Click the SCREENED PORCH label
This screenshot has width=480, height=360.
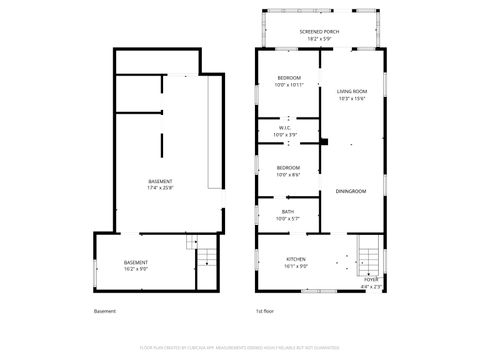(319, 32)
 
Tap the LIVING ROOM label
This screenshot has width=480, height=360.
(351, 90)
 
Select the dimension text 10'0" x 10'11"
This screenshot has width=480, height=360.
(289, 85)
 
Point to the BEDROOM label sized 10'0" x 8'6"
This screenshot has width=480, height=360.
(289, 167)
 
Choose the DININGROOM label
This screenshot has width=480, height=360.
(351, 191)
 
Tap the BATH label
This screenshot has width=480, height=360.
(288, 211)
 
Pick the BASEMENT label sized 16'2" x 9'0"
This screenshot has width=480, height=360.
(135, 262)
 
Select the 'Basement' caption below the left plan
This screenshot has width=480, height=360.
(105, 311)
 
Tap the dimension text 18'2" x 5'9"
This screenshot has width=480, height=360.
(319, 39)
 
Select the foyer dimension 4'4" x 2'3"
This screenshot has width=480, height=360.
(371, 286)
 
